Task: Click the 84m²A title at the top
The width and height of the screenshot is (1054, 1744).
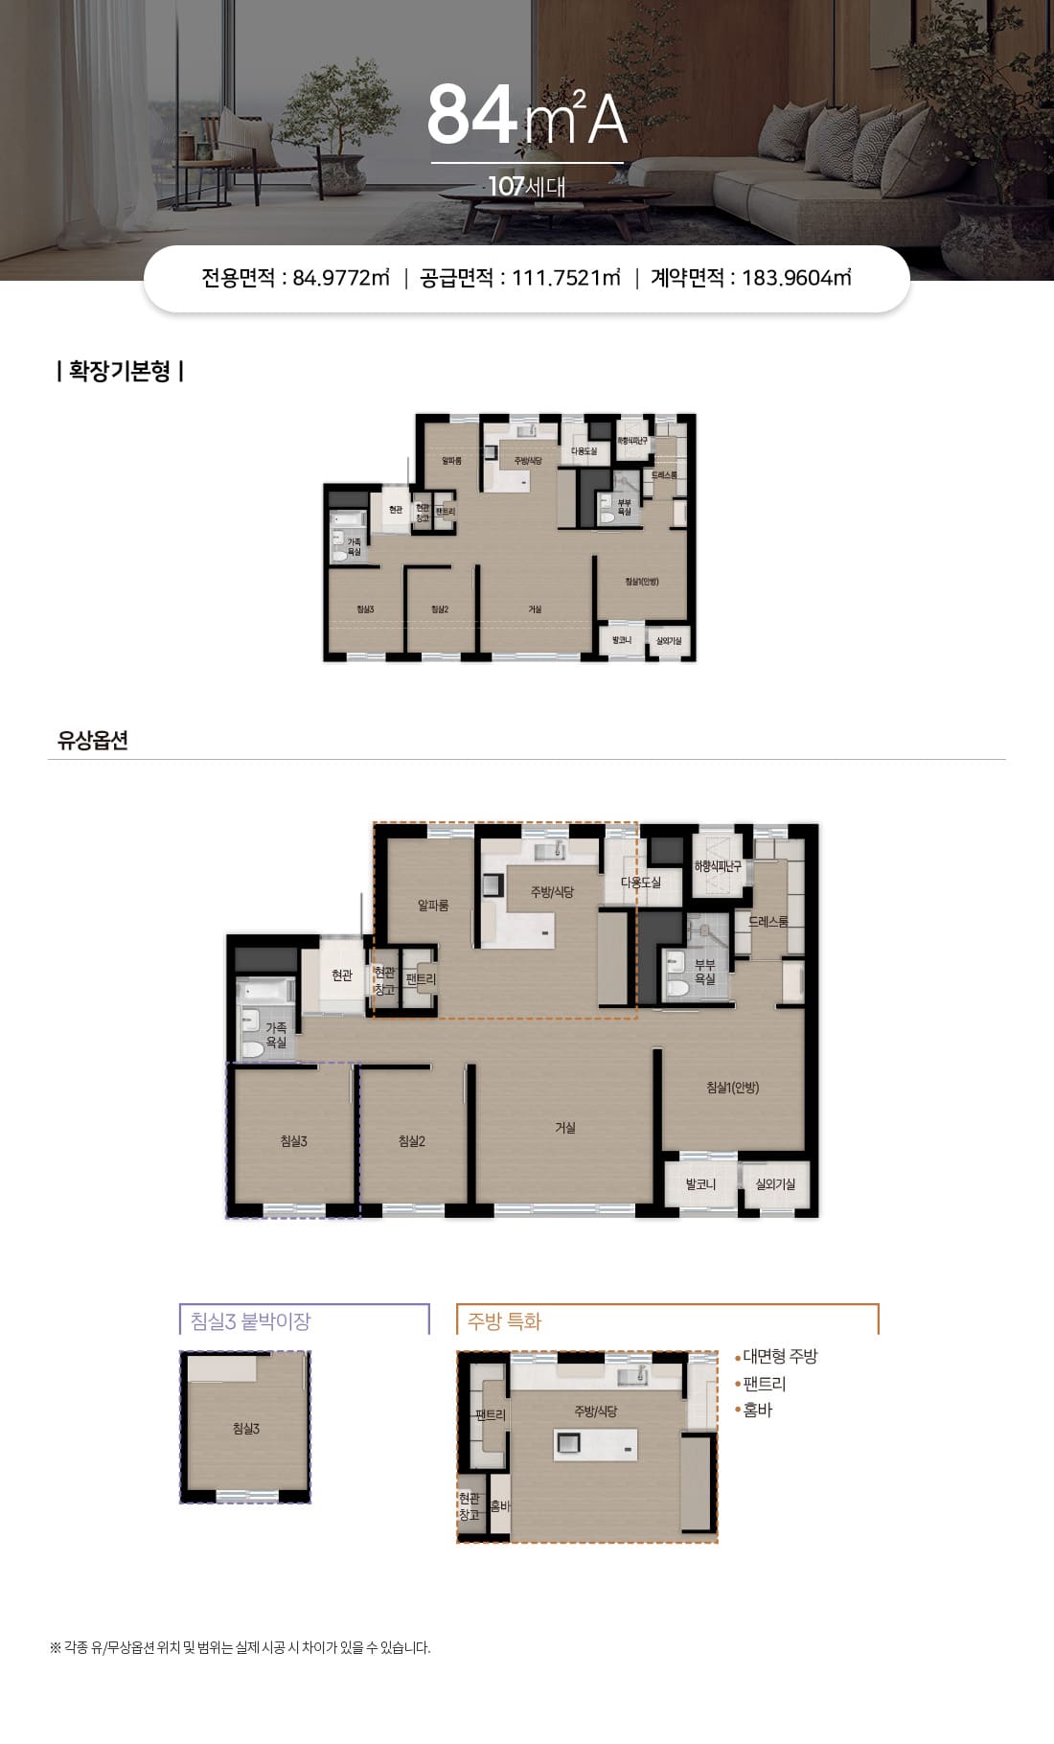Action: pyautogui.click(x=527, y=115)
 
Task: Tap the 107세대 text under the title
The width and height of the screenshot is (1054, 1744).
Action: pyautogui.click(x=527, y=186)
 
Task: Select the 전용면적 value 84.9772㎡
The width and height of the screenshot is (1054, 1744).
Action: pyautogui.click(x=341, y=278)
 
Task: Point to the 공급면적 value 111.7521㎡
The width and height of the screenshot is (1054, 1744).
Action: pyautogui.click(x=566, y=278)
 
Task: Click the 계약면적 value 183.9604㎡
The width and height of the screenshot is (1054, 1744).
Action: pyautogui.click(x=796, y=278)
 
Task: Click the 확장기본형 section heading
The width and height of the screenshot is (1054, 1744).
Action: pyautogui.click(x=120, y=372)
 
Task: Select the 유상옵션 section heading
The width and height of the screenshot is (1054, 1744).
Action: pyautogui.click(x=93, y=741)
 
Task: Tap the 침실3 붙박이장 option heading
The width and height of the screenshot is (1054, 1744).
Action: pyautogui.click(x=251, y=1321)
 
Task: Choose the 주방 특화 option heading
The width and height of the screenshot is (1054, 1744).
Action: pyautogui.click(x=505, y=1321)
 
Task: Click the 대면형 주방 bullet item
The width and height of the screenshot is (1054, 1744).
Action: pyautogui.click(x=779, y=1357)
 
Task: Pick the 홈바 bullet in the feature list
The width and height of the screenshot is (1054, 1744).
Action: pyautogui.click(x=757, y=1411)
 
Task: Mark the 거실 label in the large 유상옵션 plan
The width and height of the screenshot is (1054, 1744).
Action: pyautogui.click(x=565, y=1128)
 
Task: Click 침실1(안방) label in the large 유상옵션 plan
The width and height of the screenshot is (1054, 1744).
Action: pyautogui.click(x=733, y=1088)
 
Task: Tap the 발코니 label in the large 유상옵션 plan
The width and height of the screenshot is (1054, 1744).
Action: pyautogui.click(x=700, y=1184)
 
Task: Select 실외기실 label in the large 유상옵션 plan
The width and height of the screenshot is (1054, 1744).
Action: pyautogui.click(x=775, y=1184)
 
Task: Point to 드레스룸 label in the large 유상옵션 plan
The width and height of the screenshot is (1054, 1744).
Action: pyautogui.click(x=768, y=921)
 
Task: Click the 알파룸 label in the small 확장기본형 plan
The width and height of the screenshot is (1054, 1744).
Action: pyautogui.click(x=452, y=461)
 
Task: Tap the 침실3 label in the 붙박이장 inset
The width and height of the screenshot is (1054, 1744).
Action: pyautogui.click(x=246, y=1429)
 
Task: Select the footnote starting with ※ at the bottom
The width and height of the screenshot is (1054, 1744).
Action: pyautogui.click(x=241, y=1648)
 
